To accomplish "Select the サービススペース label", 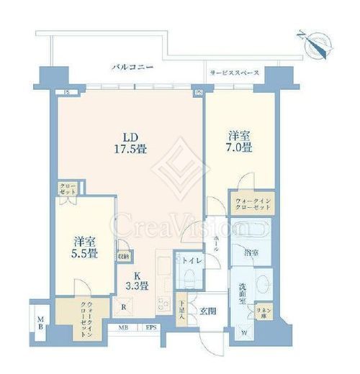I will pyautogui.click(x=234, y=73).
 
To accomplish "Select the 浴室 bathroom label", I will pyautogui.click(x=250, y=252).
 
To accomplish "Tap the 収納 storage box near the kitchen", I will pyautogui.click(x=124, y=255).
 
